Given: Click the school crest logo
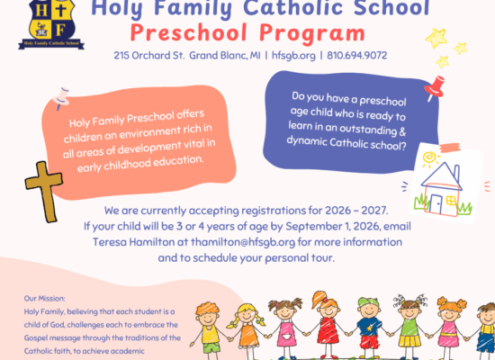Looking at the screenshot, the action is click(x=51, y=24).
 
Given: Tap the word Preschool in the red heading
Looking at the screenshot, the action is click(x=189, y=32).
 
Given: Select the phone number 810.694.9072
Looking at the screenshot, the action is click(x=357, y=56).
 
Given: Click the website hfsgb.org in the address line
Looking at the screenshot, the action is click(x=293, y=56).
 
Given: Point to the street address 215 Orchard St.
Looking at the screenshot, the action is click(x=149, y=56).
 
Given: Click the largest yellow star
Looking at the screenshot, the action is click(x=436, y=38).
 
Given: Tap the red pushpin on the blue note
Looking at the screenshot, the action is click(x=435, y=87).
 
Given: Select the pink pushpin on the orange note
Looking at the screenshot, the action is click(x=61, y=98).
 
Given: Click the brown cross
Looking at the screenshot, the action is click(x=44, y=192).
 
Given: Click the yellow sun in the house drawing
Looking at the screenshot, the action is click(x=430, y=158).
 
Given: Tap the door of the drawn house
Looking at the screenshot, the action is click(x=436, y=204).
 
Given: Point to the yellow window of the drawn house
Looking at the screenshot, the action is click(x=452, y=201).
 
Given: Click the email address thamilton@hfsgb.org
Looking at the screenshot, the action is click(x=243, y=242).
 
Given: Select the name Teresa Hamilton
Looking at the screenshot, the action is click(x=133, y=242).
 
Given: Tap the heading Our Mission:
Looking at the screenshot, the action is click(x=44, y=299).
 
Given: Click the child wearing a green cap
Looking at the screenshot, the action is click(x=369, y=328).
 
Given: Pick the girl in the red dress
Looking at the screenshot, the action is click(x=326, y=325).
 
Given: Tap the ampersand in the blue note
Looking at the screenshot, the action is click(x=402, y=131).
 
